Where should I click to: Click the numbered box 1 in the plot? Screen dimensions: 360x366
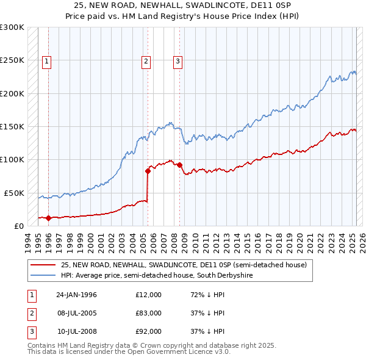coord(47,60)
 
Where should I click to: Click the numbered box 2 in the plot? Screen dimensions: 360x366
coord(146,60)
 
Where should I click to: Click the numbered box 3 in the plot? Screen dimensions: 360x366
coord(178,60)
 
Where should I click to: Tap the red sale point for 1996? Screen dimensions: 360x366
coord(48,218)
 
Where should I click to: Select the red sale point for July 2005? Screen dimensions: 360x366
coord(148,171)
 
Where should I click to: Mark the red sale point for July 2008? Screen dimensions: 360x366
coord(180,165)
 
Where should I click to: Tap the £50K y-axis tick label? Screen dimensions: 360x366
coord(14,193)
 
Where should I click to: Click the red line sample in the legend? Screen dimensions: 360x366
coord(43,265)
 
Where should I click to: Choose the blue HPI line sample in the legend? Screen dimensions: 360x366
coord(43,276)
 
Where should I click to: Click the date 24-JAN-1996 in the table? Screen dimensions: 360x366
coord(76,295)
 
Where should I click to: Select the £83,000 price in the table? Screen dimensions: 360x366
coord(148,313)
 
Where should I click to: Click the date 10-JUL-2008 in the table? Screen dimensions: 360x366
coord(76,331)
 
